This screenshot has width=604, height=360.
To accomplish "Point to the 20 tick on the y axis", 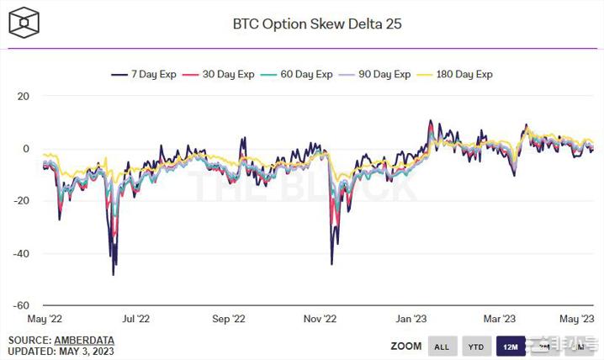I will coord(24,96).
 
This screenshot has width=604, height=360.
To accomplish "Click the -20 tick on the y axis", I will coord(22,201).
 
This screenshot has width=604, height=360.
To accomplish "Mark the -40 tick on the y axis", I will coord(22,253).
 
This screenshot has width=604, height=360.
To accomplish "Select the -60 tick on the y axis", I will coord(22,305).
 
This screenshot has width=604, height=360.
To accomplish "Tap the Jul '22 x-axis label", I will coord(135,320).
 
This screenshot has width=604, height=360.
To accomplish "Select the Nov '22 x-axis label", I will coord(320,320).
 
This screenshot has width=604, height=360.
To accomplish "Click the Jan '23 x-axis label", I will coord(411,320).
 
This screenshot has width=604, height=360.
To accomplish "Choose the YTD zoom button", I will coord(475,347).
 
